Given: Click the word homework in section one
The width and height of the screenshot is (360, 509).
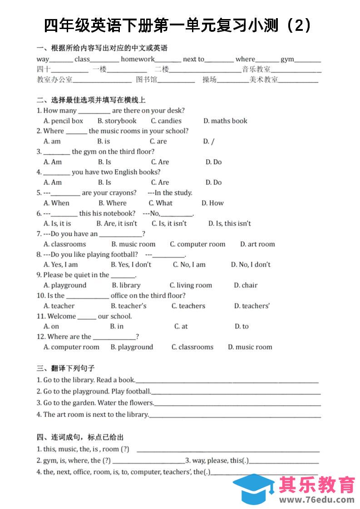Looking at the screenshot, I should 138,59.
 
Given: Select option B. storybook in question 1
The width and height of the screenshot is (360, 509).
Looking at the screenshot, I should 117,121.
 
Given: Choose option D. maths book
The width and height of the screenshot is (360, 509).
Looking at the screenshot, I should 225,121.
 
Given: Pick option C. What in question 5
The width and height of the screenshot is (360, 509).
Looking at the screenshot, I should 161,203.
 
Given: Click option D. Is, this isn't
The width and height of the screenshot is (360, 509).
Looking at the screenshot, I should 229,223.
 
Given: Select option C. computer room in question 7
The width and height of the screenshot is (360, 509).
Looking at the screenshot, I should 197,244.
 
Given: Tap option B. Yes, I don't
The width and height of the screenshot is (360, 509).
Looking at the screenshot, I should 131,264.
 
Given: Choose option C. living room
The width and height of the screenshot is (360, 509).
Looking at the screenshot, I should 191,285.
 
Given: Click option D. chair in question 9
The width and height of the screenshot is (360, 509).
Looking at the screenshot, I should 246,285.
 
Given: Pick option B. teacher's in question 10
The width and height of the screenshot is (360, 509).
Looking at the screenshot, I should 128,306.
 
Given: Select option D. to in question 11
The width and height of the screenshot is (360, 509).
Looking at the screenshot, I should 242,326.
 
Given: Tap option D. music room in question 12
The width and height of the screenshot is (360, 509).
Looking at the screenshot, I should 250,347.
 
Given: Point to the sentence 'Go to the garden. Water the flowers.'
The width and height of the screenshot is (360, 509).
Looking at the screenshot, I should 95,403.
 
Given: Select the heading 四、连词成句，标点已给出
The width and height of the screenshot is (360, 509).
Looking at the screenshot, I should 80,437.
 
